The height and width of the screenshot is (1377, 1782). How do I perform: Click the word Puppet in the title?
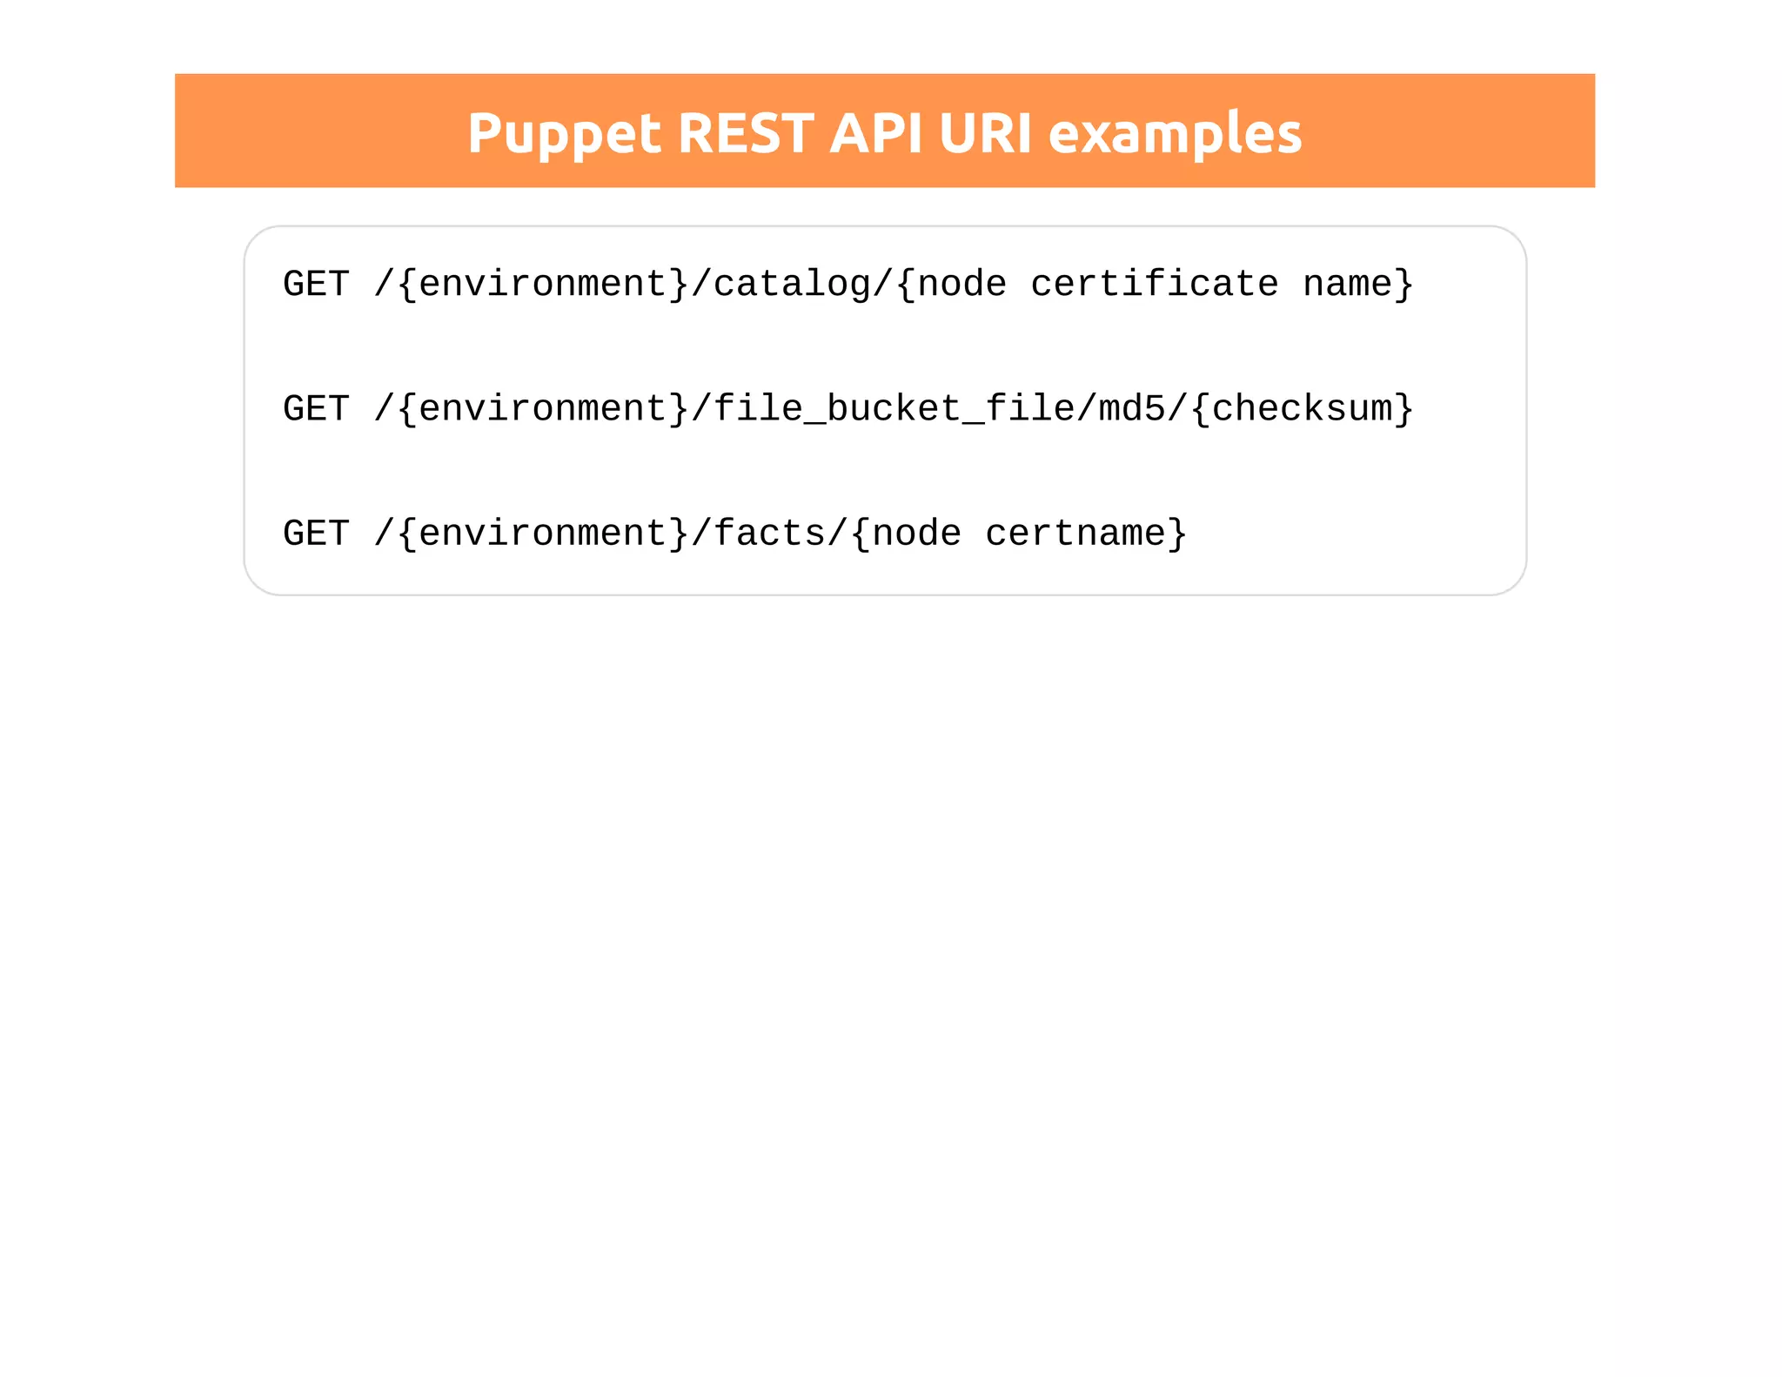click(564, 134)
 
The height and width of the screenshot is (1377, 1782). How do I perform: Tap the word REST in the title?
click(745, 134)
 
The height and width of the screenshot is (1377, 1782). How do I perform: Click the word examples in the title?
click(1175, 134)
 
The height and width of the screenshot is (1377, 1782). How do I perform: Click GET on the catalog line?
click(316, 285)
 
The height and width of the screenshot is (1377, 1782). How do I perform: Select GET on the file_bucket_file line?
click(316, 409)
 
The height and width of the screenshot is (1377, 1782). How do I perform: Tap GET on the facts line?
click(316, 534)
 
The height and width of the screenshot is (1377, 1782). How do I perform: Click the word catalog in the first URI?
click(792, 285)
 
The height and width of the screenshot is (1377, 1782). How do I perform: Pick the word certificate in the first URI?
click(1155, 285)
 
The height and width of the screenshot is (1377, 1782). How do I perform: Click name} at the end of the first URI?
click(1358, 285)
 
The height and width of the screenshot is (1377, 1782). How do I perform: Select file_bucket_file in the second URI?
click(894, 409)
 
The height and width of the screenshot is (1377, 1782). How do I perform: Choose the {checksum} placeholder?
click(1302, 409)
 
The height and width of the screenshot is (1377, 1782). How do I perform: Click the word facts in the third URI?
click(769, 534)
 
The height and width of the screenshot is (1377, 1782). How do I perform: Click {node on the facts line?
click(906, 534)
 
